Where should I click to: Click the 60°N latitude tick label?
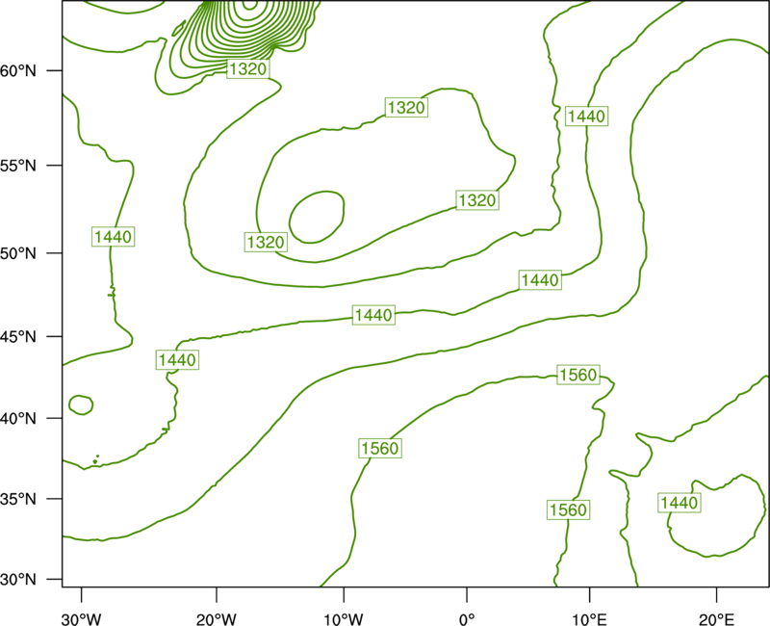point(18,71)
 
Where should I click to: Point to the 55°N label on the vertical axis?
point(18,166)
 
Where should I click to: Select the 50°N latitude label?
point(18,253)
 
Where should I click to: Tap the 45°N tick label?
point(18,337)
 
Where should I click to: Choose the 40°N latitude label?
point(18,419)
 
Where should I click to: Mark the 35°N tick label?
point(18,499)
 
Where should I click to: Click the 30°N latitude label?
point(18,580)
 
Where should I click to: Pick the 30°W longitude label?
point(82,619)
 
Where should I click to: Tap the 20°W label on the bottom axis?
point(217,619)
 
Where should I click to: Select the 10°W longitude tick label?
point(344,619)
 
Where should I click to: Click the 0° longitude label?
point(467,619)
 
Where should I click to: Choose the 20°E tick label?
point(716,619)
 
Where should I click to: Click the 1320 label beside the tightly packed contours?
point(248,68)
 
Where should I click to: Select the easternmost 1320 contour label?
point(477,200)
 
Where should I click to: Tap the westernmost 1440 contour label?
point(113,237)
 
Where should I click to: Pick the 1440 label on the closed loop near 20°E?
point(680,503)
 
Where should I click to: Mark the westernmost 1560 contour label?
point(380,448)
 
